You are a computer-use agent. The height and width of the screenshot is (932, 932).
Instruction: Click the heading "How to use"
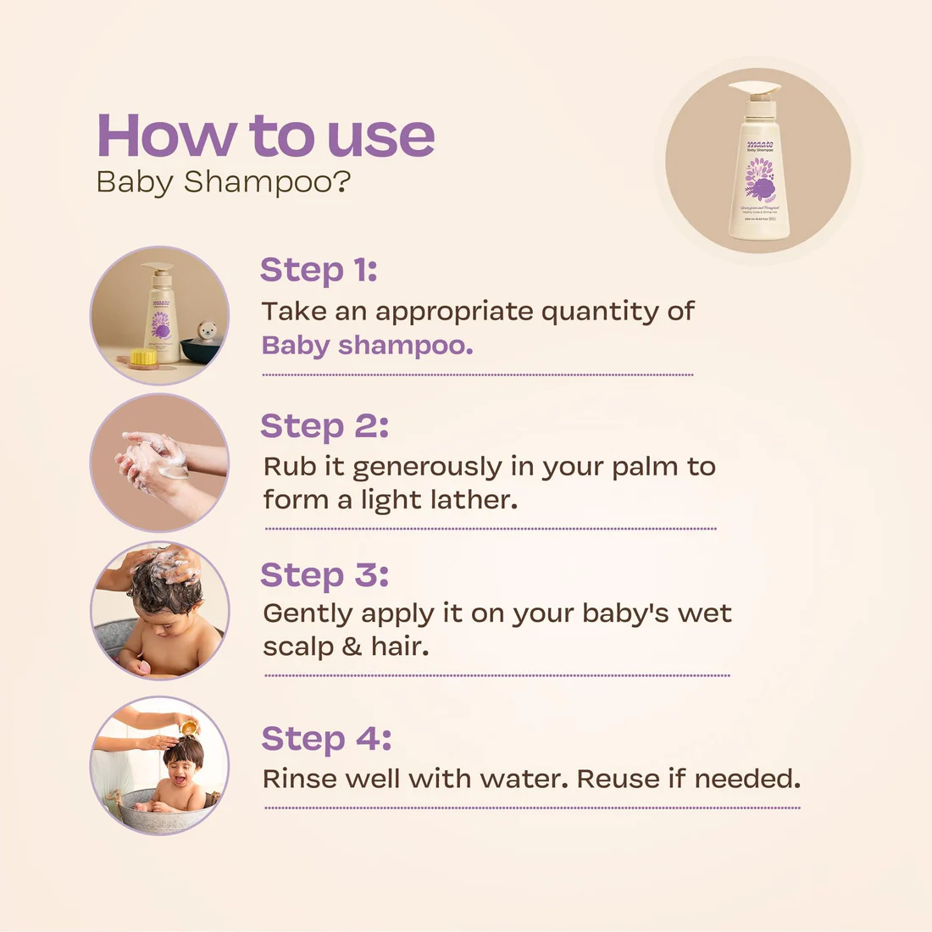tap(265, 136)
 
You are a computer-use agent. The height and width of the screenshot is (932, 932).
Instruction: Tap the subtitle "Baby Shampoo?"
tap(223, 182)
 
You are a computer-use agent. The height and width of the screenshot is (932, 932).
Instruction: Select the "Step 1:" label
tap(319, 270)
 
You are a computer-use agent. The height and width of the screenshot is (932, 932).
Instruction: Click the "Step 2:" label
tap(325, 426)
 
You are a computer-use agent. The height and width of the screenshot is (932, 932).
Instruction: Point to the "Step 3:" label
tap(325, 575)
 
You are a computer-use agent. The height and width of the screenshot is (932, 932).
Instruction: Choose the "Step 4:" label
tap(326, 739)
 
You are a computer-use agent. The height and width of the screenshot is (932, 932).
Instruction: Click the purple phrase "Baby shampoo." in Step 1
tap(367, 346)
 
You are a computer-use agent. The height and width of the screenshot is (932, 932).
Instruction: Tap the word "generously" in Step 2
tap(427, 468)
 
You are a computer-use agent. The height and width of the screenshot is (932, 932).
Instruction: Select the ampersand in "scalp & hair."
tap(352, 647)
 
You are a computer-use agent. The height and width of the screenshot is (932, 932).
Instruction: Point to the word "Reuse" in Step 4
tap(619, 779)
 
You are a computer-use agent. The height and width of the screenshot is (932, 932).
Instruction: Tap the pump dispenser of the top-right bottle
tap(754, 89)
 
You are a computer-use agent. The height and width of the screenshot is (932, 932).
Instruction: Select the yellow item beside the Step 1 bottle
tap(143, 357)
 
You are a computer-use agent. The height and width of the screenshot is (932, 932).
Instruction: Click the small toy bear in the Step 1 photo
tap(206, 331)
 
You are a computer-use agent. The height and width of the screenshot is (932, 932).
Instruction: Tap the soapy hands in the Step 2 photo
tap(153, 462)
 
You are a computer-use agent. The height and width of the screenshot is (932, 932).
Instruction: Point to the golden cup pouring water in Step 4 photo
tap(188, 726)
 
